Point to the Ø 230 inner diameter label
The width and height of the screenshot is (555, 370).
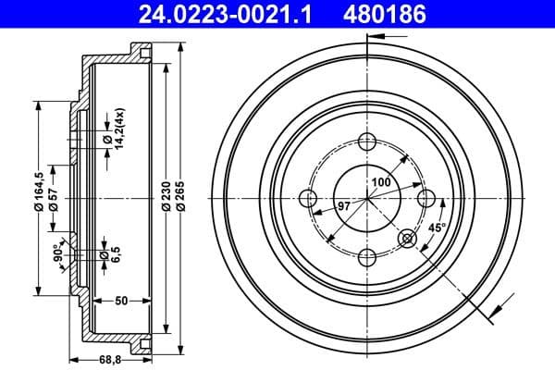click(162, 195)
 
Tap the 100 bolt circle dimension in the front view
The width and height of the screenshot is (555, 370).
click(380, 181)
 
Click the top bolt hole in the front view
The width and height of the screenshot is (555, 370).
click(366, 142)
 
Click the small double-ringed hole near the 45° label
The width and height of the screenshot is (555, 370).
click(407, 240)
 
